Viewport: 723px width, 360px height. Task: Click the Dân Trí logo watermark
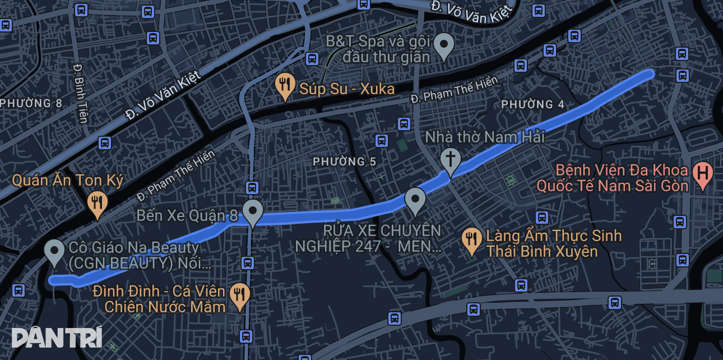[57, 337]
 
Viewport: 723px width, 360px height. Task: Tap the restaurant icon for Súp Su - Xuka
[285, 85]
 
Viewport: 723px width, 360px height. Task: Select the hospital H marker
[703, 174]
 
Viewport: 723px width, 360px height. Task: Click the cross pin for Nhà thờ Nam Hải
[450, 159]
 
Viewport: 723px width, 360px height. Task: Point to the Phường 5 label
[344, 162]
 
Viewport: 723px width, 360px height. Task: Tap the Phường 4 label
[532, 104]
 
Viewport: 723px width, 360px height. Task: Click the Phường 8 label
[31, 103]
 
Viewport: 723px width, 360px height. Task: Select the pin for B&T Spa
[444, 45]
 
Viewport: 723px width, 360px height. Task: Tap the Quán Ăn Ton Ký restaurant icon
[98, 203]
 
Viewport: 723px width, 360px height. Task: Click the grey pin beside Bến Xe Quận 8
[253, 211]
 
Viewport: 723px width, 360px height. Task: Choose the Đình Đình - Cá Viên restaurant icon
[240, 295]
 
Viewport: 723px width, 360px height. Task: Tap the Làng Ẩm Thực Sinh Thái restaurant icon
[471, 239]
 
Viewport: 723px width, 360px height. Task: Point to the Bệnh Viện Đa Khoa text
[621, 170]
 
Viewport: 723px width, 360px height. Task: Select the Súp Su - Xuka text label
[346, 89]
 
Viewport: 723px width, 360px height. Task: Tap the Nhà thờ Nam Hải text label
[485, 137]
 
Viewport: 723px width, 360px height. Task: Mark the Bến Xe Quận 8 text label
[187, 216]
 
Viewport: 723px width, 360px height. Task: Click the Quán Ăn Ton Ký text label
[68, 180]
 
